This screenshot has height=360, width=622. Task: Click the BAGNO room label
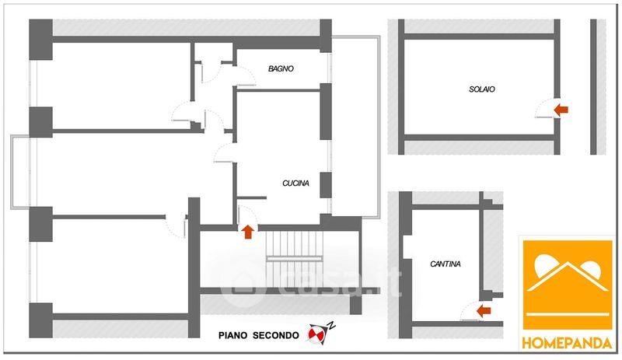coord(281,69)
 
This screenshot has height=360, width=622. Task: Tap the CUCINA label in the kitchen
coord(295,183)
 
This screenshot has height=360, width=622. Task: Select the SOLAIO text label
coord(481,89)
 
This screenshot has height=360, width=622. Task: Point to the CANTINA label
coord(445,264)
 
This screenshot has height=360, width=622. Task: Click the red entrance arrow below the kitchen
coord(248,231)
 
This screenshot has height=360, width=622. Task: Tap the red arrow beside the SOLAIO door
coord(562,110)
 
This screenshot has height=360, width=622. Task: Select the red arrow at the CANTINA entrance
coord(484,312)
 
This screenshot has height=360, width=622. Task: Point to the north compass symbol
coord(318,333)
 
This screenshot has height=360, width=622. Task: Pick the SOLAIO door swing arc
coord(547,109)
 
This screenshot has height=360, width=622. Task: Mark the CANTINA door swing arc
coord(468,312)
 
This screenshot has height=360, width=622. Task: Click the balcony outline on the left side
coord(20,172)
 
